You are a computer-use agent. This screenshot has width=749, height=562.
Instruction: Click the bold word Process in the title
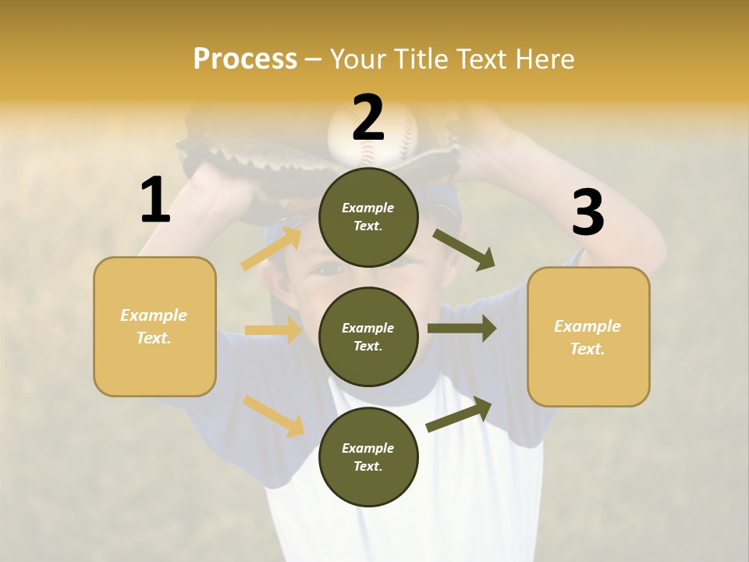245,59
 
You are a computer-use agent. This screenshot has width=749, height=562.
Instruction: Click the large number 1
155,200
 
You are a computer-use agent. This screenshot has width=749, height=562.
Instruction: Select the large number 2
368,117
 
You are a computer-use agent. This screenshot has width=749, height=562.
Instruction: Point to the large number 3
587,213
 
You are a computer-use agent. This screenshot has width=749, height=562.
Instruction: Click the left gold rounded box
154,326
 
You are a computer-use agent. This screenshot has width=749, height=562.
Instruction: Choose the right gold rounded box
588,337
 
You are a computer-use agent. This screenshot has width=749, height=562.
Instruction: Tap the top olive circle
368,217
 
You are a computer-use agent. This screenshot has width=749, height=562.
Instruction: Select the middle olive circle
368,337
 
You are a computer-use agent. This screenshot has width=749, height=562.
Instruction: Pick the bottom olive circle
368,457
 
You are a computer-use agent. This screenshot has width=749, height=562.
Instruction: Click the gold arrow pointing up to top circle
272,248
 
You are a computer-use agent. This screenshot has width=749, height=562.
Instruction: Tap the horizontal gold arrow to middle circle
273,330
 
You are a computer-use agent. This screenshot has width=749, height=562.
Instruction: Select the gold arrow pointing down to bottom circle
273,416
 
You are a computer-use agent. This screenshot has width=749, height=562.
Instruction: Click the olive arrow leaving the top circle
463,250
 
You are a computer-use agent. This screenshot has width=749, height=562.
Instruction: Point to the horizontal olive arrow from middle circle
461,328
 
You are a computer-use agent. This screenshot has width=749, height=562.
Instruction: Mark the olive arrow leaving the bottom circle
459,414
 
